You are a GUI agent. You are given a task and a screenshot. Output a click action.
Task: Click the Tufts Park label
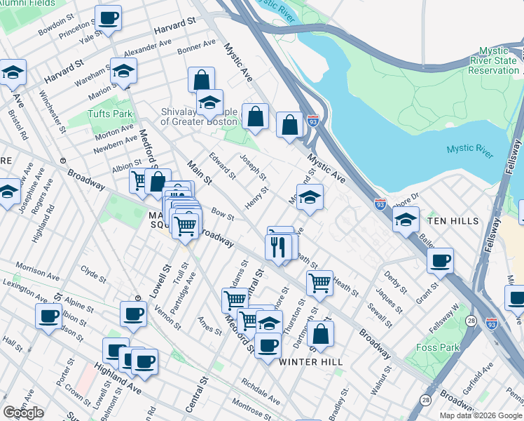[110, 114]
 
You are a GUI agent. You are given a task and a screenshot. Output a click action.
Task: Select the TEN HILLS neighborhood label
[453, 220]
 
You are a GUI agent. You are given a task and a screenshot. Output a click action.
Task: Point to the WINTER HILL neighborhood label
[311, 361]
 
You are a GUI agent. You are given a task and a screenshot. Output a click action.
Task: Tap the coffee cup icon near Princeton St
[108, 18]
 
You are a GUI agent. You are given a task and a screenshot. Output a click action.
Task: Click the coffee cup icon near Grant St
[440, 261]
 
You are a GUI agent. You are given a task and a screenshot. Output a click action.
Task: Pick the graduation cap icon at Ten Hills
[406, 219]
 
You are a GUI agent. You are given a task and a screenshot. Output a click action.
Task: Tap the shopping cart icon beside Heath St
[319, 283]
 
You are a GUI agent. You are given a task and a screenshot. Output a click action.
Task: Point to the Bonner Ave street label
[197, 46]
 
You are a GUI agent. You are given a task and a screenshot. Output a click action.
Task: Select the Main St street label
[199, 172]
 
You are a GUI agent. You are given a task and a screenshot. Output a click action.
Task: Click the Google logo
[24, 413]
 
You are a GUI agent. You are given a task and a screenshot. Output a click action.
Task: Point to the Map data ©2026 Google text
[481, 415]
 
